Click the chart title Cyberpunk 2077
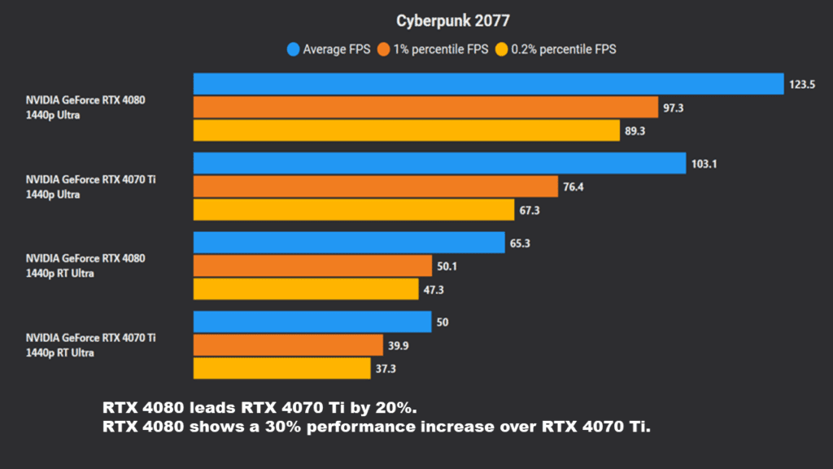click(453, 20)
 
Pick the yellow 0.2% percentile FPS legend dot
click(502, 50)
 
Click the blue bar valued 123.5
click(488, 84)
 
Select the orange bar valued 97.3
click(425, 107)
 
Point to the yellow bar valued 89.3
click(407, 131)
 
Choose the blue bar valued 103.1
click(439, 164)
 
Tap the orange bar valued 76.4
click(376, 187)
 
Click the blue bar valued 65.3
click(349, 243)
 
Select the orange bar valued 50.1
click(312, 266)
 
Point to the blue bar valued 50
click(312, 322)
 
